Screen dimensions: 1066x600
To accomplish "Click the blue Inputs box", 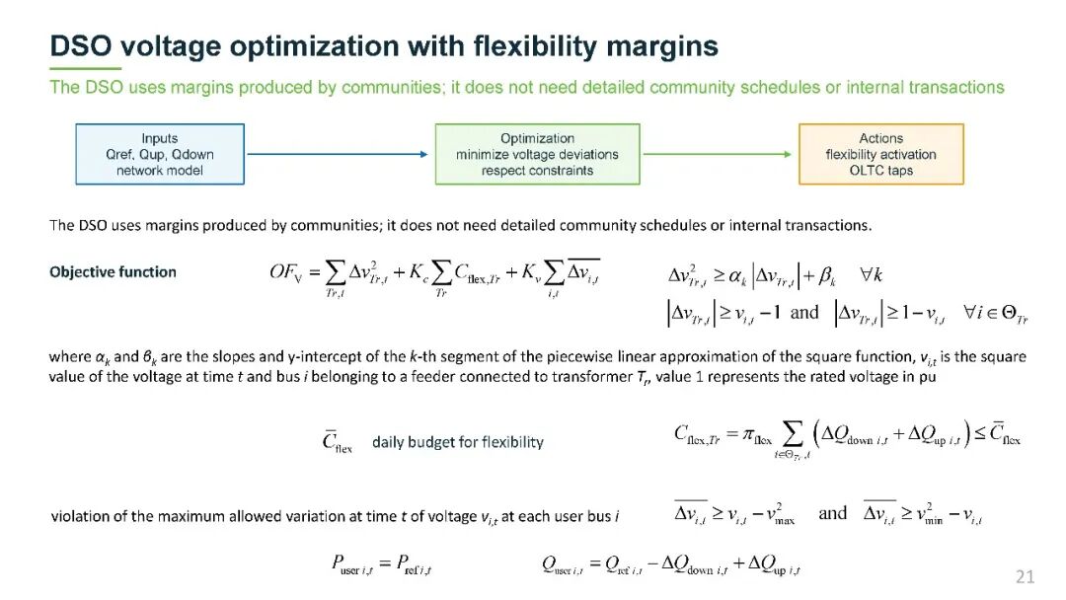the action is click(160, 154).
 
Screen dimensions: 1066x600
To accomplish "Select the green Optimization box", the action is click(537, 154).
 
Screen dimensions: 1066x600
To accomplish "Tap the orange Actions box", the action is click(881, 154).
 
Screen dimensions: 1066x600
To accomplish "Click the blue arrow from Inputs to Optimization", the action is click(338, 154).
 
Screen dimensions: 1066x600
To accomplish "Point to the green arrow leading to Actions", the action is click(718, 154).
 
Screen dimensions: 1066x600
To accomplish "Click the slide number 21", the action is click(1026, 577).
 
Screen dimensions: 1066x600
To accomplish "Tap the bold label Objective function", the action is click(113, 271).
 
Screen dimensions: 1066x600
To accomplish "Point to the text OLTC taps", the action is click(881, 171).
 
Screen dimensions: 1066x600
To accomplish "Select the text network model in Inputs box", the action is click(160, 171).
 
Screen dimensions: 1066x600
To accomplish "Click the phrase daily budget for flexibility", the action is click(458, 442).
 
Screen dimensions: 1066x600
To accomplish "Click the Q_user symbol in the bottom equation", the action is click(563, 564).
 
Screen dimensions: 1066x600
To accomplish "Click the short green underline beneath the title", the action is click(86, 69).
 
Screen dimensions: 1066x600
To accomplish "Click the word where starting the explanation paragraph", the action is click(70, 356).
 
